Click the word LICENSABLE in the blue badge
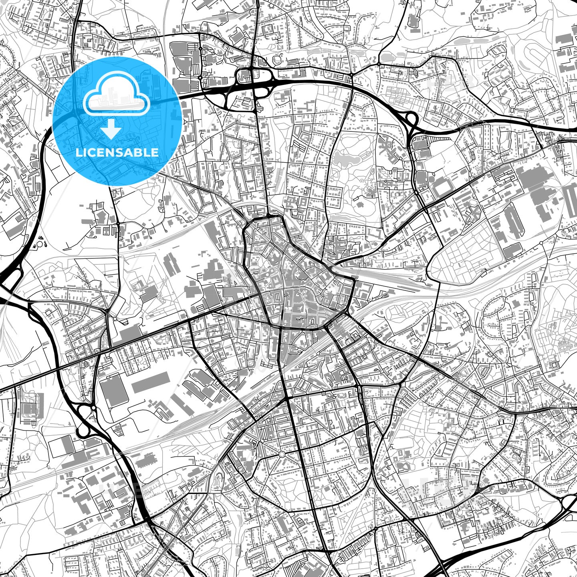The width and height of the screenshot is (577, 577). coord(117,152)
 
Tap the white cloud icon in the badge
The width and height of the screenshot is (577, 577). coord(116,98)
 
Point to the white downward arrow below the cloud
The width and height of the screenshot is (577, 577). coord(111,129)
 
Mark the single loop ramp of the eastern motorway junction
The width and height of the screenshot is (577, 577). coord(411,119)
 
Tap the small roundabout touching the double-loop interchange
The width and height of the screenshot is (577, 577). coord(93,408)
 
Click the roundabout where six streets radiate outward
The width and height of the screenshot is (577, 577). coord(282,454)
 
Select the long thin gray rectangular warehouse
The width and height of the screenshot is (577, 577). coord(150,382)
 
